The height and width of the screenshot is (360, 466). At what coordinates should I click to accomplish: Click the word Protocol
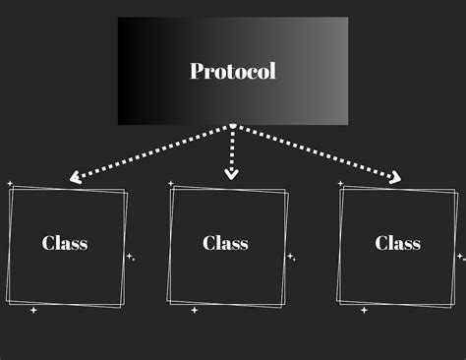(233, 71)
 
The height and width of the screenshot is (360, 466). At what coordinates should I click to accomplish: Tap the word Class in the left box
(65, 243)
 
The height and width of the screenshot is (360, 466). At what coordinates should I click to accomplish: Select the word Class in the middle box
(225, 243)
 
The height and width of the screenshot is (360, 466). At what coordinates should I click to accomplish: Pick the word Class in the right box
(398, 243)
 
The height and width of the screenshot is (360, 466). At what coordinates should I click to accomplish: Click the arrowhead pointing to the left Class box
(75, 177)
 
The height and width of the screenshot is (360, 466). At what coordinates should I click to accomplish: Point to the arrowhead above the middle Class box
(232, 174)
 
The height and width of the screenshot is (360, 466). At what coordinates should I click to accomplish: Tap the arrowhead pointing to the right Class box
(395, 177)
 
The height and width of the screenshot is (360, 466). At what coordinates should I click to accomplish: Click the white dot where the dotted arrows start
(233, 126)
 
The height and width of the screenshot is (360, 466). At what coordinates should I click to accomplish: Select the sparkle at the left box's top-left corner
(10, 184)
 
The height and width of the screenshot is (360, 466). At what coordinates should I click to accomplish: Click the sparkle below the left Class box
(33, 310)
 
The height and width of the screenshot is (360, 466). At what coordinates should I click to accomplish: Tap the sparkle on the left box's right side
(131, 257)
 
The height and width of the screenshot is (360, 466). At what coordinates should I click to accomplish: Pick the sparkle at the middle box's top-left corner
(170, 183)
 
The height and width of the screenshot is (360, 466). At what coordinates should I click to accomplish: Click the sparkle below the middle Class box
(195, 310)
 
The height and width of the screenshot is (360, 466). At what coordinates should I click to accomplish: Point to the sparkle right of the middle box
(291, 257)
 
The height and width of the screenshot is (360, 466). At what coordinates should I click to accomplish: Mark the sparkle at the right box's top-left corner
(340, 183)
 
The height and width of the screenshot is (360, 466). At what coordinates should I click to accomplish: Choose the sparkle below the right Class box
(364, 310)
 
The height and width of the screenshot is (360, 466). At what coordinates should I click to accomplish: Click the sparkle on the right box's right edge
(461, 257)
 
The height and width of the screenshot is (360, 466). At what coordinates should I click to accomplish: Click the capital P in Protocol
(197, 71)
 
